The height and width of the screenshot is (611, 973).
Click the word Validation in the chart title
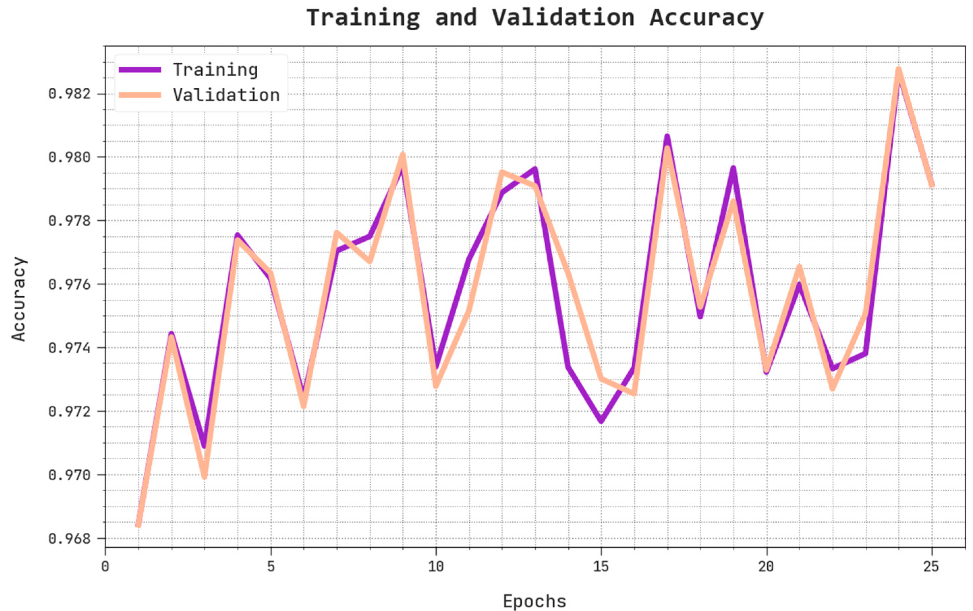[563, 18]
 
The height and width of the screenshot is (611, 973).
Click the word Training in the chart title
[363, 18]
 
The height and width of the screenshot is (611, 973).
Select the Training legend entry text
[216, 70]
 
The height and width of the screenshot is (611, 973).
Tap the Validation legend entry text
[226, 95]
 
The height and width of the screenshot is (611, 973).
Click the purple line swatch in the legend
[140, 70]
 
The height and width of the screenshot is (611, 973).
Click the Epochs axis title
[534, 601]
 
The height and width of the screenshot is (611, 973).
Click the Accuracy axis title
[19, 299]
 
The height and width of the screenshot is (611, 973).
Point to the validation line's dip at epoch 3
[204, 476]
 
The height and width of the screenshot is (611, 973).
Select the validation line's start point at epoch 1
[138, 525]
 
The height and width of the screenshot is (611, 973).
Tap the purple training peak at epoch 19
[733, 169]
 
